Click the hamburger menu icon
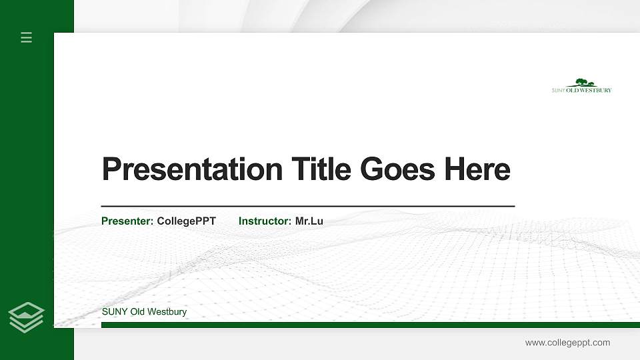(27, 37)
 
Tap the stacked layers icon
(27, 317)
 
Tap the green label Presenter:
(127, 221)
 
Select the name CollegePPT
(187, 221)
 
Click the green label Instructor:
(265, 221)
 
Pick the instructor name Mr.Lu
(309, 221)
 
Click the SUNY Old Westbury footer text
(144, 312)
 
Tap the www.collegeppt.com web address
(567, 343)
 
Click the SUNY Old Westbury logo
(581, 86)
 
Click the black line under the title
(307, 207)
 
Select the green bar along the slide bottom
(367, 325)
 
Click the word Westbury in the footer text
(167, 312)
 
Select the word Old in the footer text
(137, 312)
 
